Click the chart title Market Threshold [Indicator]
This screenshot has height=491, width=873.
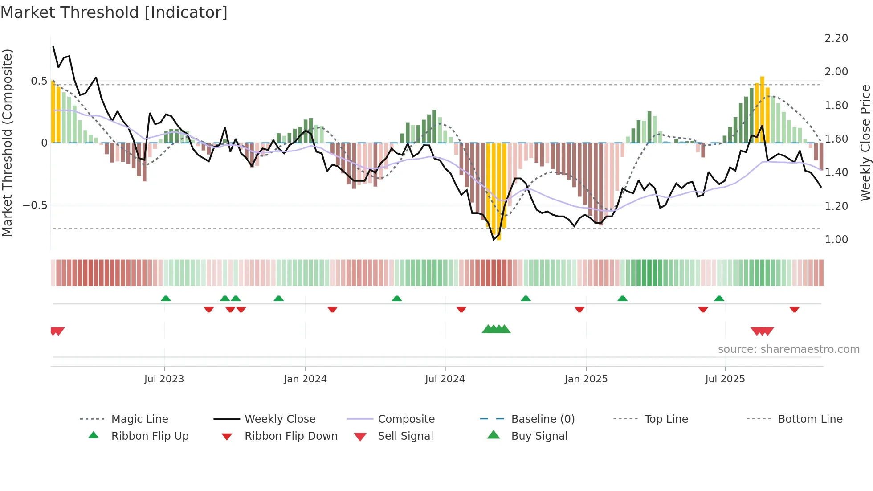click(114, 12)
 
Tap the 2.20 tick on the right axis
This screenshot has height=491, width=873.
click(836, 38)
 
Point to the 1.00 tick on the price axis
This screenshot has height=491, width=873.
click(836, 240)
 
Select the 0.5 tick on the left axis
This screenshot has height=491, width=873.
click(39, 81)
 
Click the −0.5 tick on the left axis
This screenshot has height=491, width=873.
click(35, 205)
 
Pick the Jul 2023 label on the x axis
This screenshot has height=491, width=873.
click(164, 379)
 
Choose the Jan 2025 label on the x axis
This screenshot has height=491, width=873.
click(586, 379)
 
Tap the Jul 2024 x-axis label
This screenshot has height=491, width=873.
click(445, 379)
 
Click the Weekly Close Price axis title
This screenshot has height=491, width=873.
click(865, 143)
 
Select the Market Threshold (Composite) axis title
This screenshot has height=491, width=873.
click(7, 143)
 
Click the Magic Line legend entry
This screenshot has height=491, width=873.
click(139, 419)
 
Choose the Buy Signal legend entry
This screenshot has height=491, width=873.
click(539, 436)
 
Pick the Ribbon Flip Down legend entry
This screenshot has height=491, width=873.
click(291, 436)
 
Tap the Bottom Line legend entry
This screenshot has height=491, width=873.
click(810, 419)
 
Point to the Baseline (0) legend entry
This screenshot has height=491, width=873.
click(543, 419)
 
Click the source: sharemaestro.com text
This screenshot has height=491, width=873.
click(788, 349)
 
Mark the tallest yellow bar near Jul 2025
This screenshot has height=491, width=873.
click(762, 109)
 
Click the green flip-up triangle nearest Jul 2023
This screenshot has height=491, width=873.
click(166, 299)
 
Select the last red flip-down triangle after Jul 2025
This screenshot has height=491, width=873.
click(794, 309)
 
